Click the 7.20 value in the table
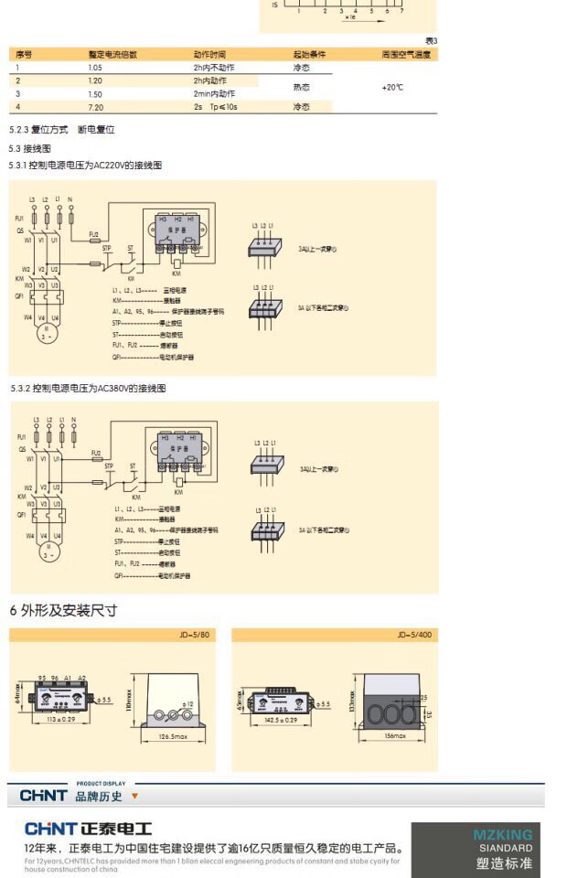[x=95, y=107]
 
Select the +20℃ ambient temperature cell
[x=392, y=87]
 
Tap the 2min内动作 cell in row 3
[x=214, y=94]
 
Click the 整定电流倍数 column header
[x=112, y=55]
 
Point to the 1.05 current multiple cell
[x=95, y=68]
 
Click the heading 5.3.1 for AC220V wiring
[x=85, y=166]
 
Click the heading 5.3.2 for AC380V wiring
[x=88, y=389]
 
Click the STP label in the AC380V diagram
[x=109, y=466]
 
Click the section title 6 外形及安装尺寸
[x=63, y=610]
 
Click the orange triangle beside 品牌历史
[x=134, y=796]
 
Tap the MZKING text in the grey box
[x=502, y=834]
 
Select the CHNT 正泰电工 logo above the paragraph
[x=87, y=830]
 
